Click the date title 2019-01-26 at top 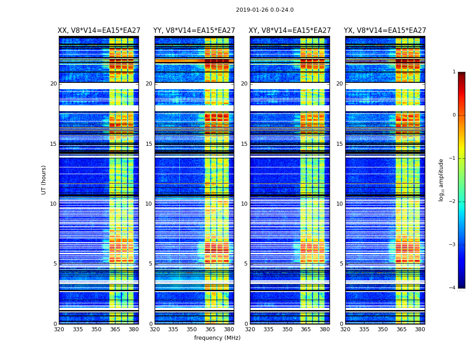pos(264,10)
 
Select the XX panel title pos(99,31)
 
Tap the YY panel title pos(194,31)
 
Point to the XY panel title pos(290,31)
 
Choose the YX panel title pos(385,31)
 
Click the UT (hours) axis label pos(44,180)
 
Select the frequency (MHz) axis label pos(217,338)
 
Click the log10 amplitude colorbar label pos(441,180)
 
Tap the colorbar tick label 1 pos(454,72)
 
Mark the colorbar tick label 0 pos(454,115)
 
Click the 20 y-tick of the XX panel pos(53,84)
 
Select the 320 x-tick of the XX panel pos(59,329)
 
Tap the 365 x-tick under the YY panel pos(210,329)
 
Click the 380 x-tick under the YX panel pos(420,329)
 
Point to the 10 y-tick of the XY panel pos(244,204)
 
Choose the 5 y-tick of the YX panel pos(341,264)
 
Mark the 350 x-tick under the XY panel pos(287,329)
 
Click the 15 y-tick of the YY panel pos(149,144)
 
